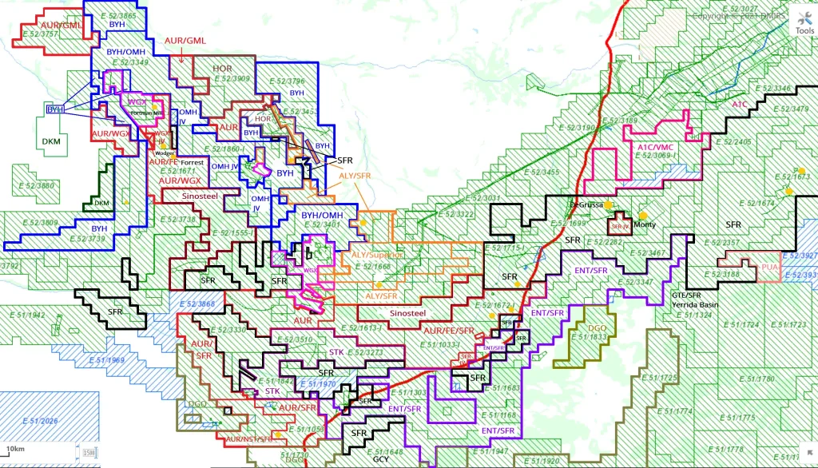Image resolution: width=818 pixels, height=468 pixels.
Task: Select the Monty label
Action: click(644, 224)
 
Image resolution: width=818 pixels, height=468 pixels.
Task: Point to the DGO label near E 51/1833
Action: click(598, 328)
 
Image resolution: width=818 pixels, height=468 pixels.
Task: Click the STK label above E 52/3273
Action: click(337, 352)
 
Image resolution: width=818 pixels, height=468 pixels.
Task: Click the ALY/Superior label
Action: click(378, 256)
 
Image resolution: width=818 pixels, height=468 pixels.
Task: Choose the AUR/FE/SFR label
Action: click(448, 331)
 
